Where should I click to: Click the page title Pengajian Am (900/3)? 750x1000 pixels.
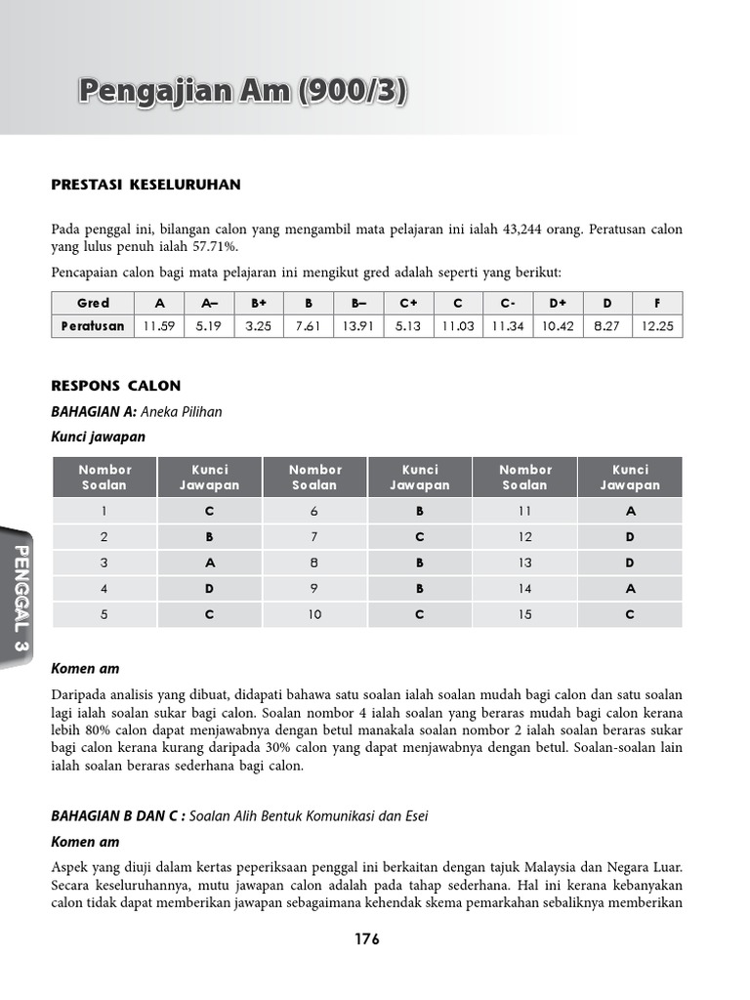coord(243,92)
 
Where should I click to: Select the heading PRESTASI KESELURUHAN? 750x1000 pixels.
coord(146,185)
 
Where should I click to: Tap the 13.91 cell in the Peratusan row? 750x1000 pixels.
coord(358,326)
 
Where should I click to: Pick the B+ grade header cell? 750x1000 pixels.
coord(260,303)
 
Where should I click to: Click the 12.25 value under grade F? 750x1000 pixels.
coord(658,326)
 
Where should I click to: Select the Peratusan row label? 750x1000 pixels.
coord(94,326)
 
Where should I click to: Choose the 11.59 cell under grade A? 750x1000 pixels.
coord(158,326)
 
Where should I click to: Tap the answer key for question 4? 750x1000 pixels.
coord(209,589)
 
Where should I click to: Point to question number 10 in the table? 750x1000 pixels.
coord(315,615)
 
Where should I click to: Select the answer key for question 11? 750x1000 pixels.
coord(630,511)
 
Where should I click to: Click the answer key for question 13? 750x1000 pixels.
coord(630,563)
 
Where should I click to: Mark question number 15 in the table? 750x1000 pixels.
coord(525,615)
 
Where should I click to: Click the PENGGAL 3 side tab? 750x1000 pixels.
coord(21,601)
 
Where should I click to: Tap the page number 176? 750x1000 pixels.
coord(367,939)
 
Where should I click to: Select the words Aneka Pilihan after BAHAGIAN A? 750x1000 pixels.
coord(183,412)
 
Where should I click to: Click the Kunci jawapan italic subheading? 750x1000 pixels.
coord(99,437)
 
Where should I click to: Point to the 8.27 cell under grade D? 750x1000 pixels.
coord(607,326)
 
